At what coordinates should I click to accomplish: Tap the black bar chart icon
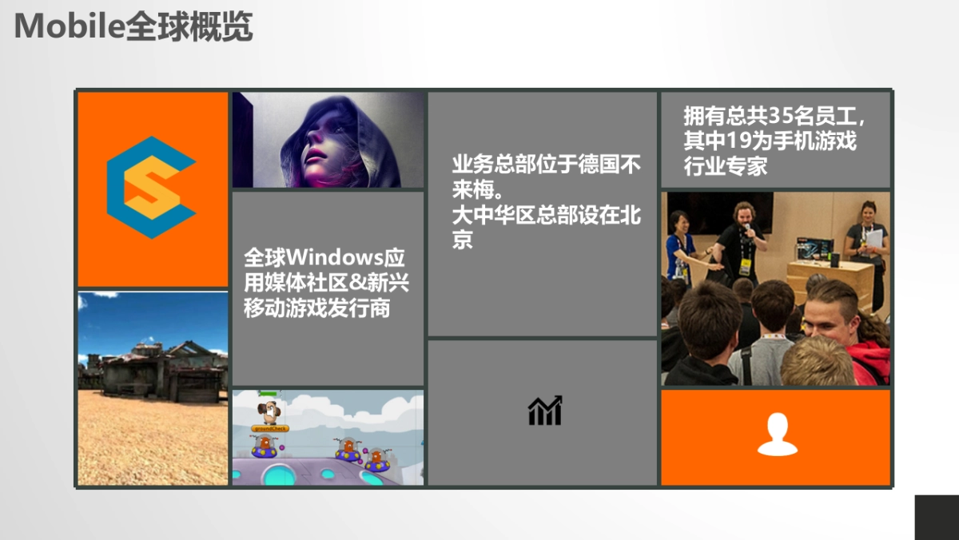(545, 411)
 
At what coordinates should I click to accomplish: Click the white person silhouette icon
(777, 435)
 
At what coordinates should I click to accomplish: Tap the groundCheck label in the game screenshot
(269, 429)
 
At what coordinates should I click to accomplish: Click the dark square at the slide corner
(936, 517)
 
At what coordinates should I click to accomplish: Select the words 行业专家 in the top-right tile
(726, 166)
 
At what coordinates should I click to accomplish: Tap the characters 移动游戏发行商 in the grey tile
(317, 308)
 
